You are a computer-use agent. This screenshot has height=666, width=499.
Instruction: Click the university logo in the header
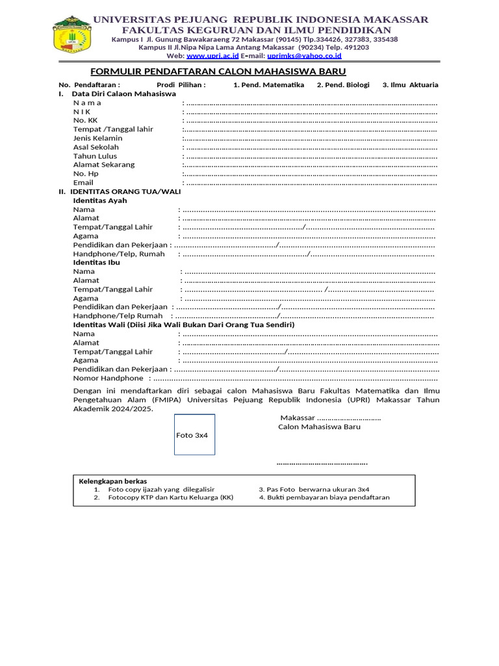tap(72, 36)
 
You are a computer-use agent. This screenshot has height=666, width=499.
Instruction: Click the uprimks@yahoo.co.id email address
tap(300, 57)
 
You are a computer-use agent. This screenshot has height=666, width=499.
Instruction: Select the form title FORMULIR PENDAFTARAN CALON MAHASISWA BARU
tap(217, 72)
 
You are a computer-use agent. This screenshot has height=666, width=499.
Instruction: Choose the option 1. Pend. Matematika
tap(269, 85)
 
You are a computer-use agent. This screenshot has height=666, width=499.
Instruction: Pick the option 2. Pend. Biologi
tap(343, 85)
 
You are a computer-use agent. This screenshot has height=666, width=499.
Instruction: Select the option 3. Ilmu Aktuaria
tap(410, 85)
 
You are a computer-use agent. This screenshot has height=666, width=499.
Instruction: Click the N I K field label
tap(82, 111)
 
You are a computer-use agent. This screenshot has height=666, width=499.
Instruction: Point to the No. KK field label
tap(85, 120)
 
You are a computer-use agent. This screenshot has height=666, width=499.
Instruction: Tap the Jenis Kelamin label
tap(97, 138)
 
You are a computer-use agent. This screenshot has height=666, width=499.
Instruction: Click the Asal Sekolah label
tap(96, 147)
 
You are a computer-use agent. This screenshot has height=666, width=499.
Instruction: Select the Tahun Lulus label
tap(95, 156)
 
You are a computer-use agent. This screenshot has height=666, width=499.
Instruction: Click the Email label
tap(83, 183)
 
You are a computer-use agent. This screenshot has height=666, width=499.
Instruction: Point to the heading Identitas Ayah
tap(100, 200)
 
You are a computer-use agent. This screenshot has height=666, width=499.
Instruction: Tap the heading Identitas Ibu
tap(97, 262)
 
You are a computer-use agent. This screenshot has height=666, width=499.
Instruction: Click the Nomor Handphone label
tap(108, 378)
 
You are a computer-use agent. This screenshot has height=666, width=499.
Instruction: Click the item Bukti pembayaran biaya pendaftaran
tap(324, 498)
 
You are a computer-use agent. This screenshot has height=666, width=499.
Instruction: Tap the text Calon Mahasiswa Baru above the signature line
tap(319, 427)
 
